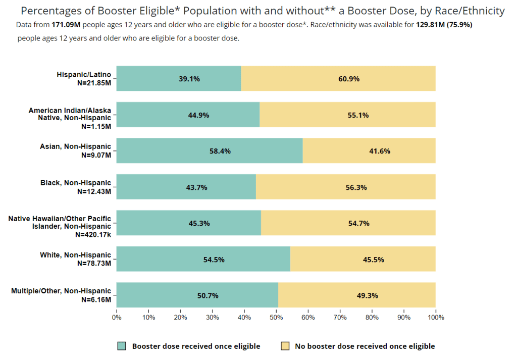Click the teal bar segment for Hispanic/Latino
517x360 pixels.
pos(151,78)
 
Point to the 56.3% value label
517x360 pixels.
pos(356,187)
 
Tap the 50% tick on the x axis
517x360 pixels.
pos(276,318)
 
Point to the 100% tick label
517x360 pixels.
pos(436,318)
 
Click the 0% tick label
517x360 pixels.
pos(117,318)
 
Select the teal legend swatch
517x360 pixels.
pos(121,346)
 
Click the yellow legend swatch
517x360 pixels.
pos(285,346)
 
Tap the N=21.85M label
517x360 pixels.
pos(94,83)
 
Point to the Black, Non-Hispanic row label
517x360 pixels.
pos(76,183)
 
